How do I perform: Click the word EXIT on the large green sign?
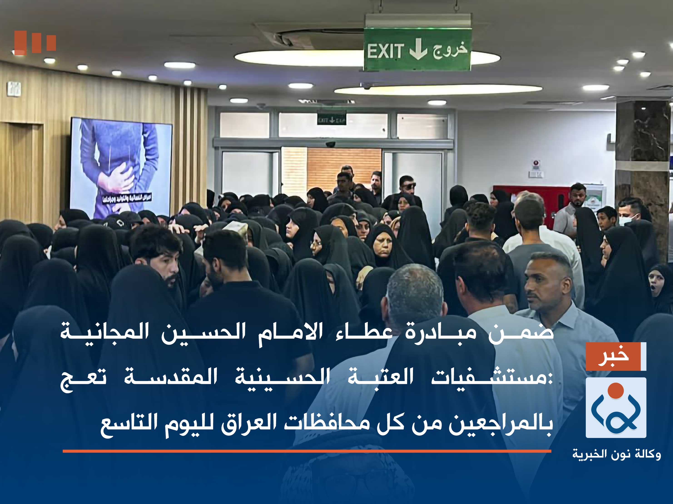(x=385, y=51)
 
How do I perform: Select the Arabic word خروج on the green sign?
(x=450, y=50)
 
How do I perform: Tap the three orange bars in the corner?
(x=35, y=42)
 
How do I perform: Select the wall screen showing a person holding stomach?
(x=121, y=167)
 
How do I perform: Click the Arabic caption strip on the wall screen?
(x=127, y=198)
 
